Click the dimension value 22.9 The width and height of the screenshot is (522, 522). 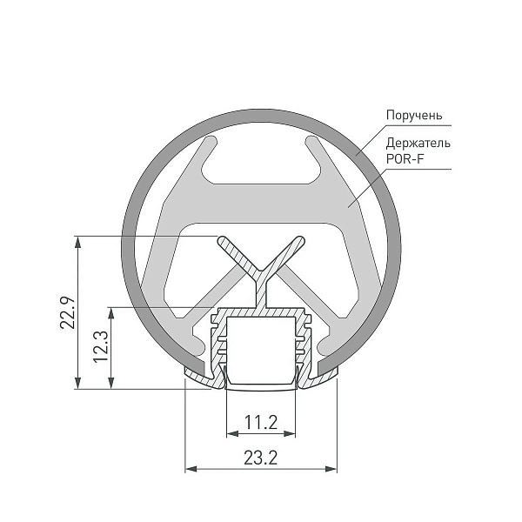point(68,312)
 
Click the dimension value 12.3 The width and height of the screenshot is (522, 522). point(101,346)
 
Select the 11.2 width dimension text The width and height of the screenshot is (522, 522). point(261,422)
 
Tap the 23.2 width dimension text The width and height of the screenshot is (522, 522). point(261,458)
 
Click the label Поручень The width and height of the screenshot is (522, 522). point(414,115)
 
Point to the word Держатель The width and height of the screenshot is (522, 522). point(418,143)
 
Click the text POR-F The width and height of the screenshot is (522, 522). point(405,158)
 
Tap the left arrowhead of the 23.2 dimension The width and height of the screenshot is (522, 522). point(191,469)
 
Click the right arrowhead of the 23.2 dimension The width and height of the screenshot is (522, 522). point(331,469)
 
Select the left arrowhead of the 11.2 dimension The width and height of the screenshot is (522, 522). point(232,433)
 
